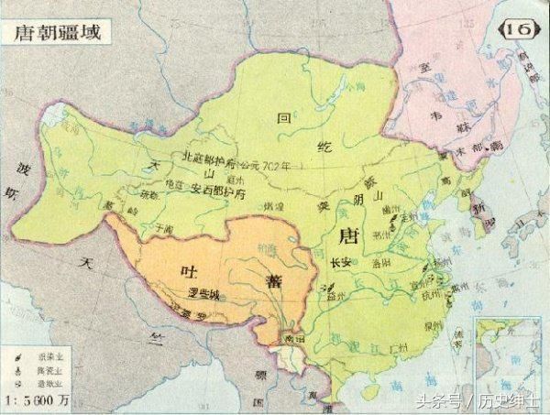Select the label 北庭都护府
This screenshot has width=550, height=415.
[212, 157]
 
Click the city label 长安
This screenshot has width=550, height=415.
[340, 263]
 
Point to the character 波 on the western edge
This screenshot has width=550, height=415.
[14, 170]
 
